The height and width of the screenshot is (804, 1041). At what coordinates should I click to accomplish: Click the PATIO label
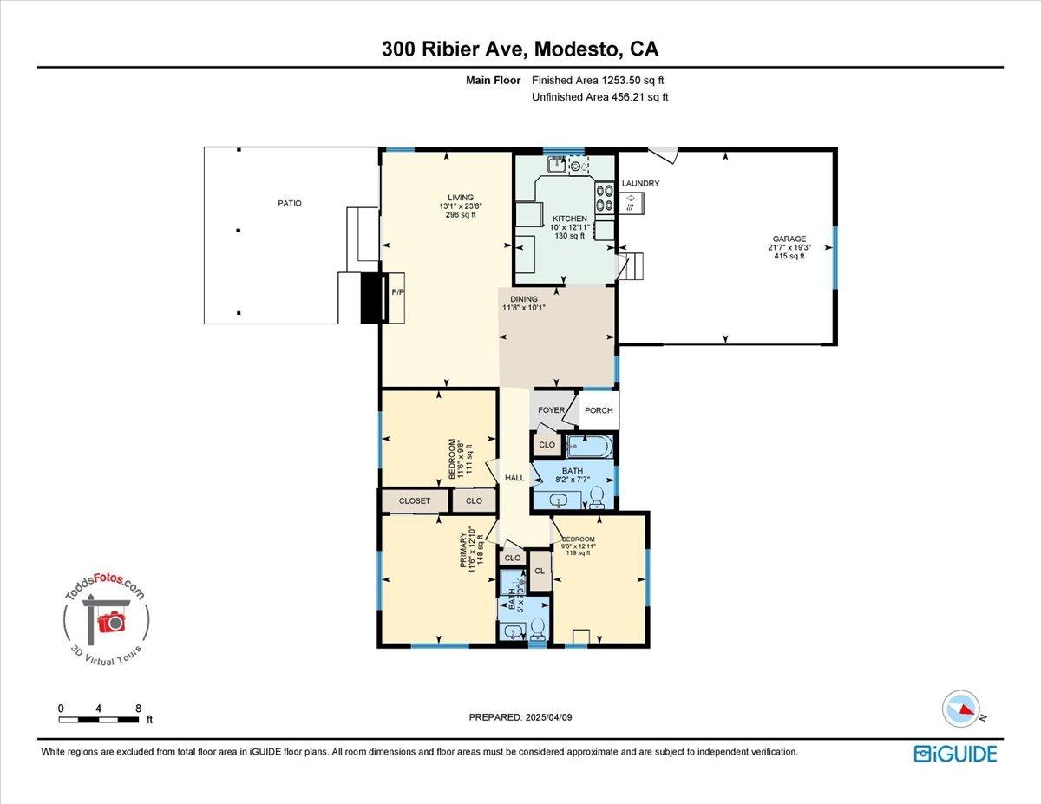coord(290,203)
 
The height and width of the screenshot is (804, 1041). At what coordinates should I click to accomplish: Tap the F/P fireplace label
coord(398,292)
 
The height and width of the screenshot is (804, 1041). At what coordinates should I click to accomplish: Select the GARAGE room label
coord(789,239)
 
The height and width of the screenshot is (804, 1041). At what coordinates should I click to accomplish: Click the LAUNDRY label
coord(640,184)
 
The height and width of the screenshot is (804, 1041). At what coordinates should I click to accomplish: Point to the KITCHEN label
coord(569,219)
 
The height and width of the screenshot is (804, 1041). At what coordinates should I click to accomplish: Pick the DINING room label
coord(524,299)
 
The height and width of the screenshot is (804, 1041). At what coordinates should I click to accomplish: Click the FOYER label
coord(551,410)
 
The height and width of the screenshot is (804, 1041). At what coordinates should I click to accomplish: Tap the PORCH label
coord(599,410)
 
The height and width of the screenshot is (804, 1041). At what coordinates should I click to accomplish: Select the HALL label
coord(515,478)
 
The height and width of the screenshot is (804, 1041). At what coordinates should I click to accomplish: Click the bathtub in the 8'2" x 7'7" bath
coord(590,448)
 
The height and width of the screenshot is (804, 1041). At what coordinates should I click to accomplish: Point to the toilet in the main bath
coord(597,495)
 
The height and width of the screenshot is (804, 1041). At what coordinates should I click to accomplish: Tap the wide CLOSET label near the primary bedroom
coord(415,501)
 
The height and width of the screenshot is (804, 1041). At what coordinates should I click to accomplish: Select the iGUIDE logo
coord(955,754)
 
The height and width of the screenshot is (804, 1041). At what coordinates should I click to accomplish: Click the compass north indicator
coord(961,709)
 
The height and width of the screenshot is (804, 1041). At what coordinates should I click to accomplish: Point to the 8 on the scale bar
coord(139,709)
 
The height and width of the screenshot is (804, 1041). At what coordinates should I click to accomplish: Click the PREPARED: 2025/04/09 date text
coord(520,717)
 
